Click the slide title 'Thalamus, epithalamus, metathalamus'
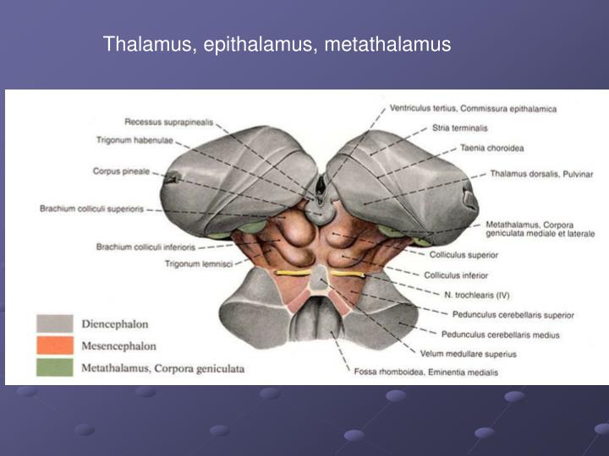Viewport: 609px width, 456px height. [277, 44]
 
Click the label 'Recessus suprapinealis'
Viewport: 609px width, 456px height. [167, 122]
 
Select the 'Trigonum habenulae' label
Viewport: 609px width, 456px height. [134, 140]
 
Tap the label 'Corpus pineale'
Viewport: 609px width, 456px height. [121, 171]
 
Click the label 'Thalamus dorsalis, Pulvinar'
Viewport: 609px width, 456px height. [540, 174]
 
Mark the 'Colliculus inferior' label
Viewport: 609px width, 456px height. [456, 275]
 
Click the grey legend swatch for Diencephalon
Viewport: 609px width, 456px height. [54, 324]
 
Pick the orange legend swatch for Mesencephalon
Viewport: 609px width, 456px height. [54, 346]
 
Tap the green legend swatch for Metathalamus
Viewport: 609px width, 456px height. [54, 367]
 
